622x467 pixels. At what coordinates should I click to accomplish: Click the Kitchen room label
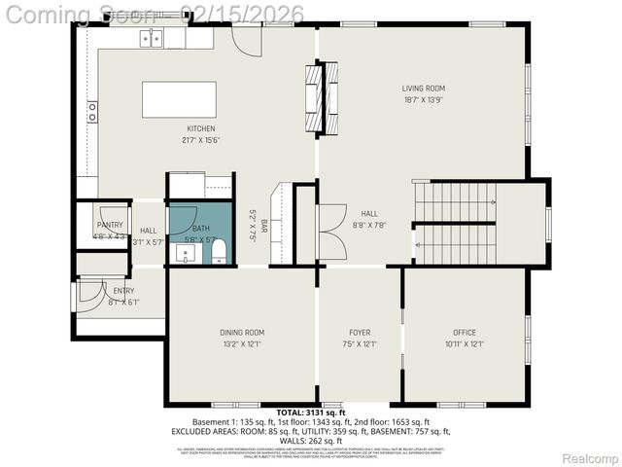click(x=201, y=128)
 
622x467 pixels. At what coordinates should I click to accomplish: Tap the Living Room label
click(x=424, y=89)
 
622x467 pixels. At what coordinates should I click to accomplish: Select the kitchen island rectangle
click(x=179, y=99)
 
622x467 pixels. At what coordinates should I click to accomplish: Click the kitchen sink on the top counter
click(x=151, y=38)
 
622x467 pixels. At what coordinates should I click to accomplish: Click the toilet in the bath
click(x=219, y=253)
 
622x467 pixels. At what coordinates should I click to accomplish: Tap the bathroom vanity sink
click(x=186, y=253)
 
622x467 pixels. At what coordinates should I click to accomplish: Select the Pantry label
click(x=109, y=225)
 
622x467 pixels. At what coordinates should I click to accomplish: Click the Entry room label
click(x=123, y=290)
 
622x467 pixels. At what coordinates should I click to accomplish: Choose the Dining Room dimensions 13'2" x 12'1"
click(x=241, y=343)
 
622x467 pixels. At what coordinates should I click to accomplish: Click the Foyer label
click(x=359, y=333)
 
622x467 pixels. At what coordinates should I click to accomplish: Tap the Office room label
click(x=464, y=333)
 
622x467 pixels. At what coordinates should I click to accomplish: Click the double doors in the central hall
click(x=331, y=232)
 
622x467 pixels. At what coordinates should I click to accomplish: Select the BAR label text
click(x=263, y=227)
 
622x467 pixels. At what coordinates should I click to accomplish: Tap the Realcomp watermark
click(x=590, y=457)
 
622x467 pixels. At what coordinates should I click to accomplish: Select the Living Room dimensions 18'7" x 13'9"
click(x=424, y=99)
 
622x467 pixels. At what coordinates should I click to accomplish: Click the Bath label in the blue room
click(x=200, y=228)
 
